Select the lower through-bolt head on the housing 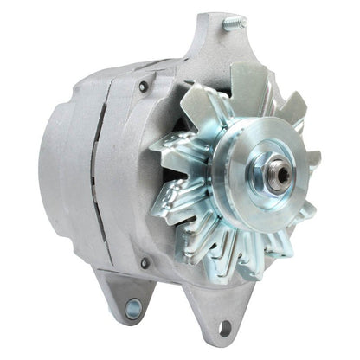(144, 262)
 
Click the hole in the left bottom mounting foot (132, 307)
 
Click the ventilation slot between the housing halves (97, 173)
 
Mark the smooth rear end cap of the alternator (61, 173)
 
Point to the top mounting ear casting (212, 43)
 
